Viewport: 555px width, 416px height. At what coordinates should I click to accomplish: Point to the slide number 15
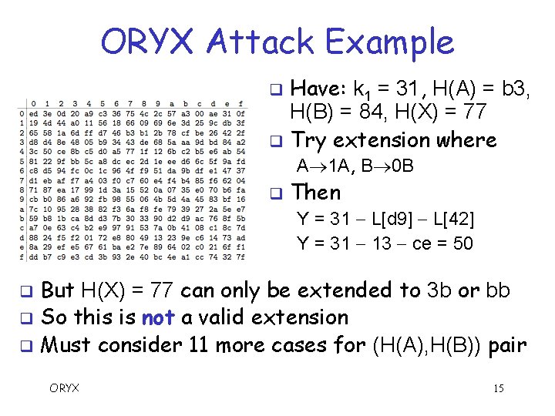coord(498,387)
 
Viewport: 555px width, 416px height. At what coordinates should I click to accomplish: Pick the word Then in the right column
coord(316,192)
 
